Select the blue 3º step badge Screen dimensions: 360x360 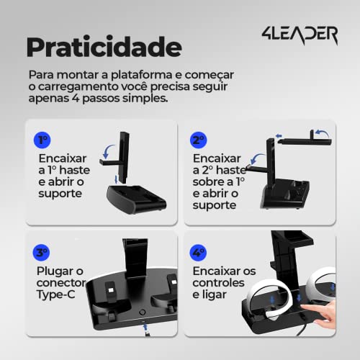pyautogui.click(x=42, y=253)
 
